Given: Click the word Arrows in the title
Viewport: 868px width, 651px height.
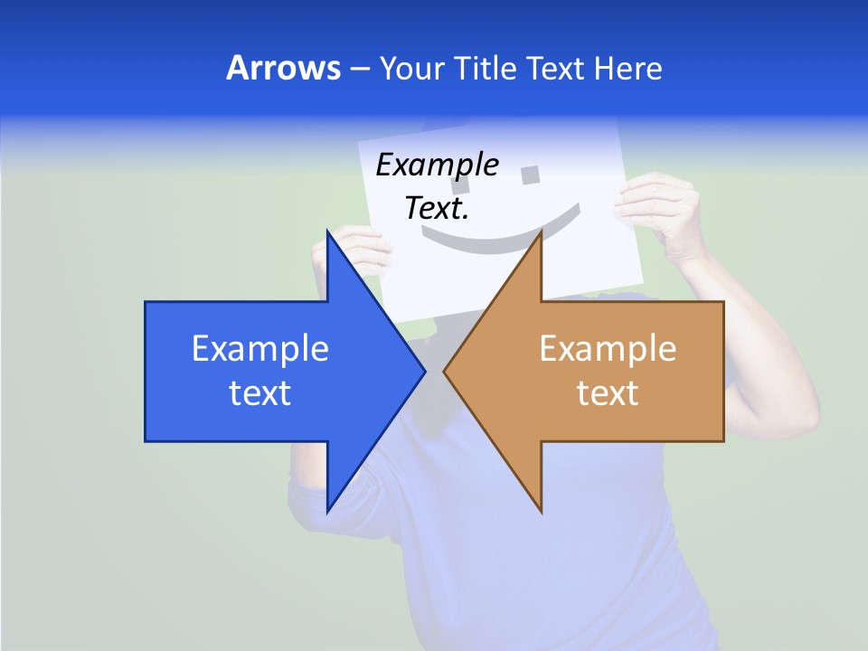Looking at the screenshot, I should coord(283,68).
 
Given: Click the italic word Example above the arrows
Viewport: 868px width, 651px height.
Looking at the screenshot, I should coord(437,165).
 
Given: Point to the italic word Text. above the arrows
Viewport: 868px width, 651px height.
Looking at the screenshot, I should coord(437,208).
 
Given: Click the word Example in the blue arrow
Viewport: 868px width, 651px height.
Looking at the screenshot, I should coord(260,348).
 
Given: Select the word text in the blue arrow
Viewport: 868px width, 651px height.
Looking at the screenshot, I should coord(260,392).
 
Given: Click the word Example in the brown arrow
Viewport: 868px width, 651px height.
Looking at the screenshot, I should coord(608,348).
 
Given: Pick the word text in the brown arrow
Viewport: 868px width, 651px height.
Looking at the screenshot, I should coord(608,392).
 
